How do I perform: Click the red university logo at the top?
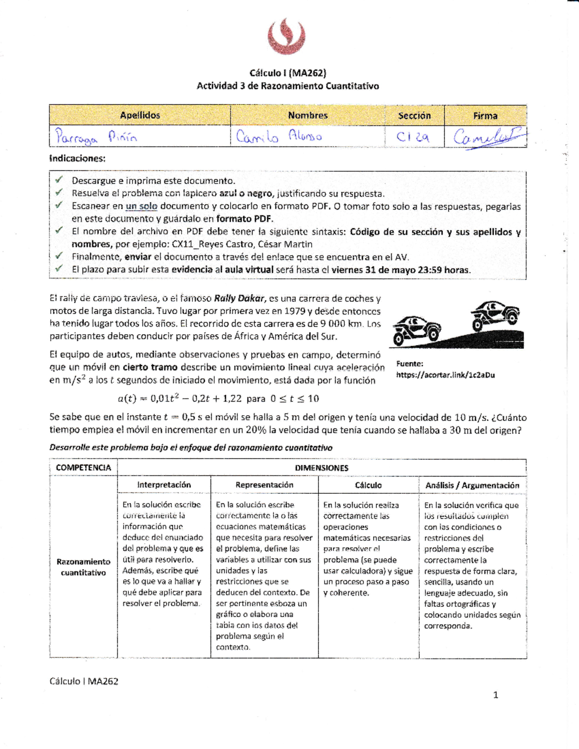coord(287,36)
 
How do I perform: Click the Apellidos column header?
coord(140,115)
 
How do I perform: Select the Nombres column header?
coord(308,115)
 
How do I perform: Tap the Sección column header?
coord(414,116)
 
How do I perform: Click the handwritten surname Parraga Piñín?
coord(96,137)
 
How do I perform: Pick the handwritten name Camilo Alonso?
coord(279,136)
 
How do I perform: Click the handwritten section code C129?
coord(413,137)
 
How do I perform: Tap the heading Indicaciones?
coord(77,159)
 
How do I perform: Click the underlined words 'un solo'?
coord(141,206)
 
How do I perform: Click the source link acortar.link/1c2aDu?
coord(445,375)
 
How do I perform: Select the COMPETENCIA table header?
coord(83,467)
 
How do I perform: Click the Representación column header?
coord(264,485)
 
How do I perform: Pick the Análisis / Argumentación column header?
coord(472,486)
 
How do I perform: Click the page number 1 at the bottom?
coord(496,695)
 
